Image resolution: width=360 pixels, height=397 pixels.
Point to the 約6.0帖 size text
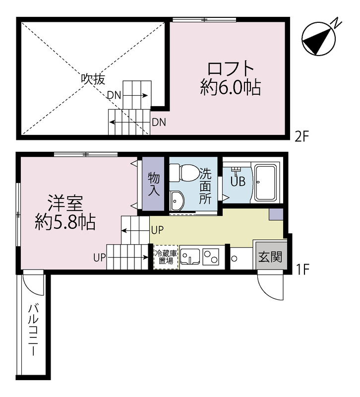(x=231, y=88)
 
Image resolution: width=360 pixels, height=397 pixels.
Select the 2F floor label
(x=302, y=135)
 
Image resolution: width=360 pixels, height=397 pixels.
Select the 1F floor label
(x=302, y=270)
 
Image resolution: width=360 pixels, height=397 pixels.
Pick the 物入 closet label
(x=153, y=183)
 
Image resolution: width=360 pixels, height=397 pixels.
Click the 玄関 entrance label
(x=270, y=258)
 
